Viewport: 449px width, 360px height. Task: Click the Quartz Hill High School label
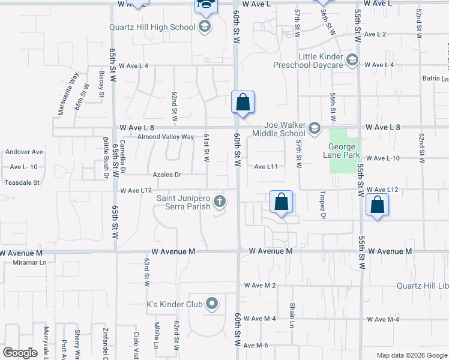tap(152, 27)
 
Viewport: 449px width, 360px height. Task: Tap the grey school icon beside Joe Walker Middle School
tap(314, 127)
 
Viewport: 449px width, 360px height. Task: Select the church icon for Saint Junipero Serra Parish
tap(220, 202)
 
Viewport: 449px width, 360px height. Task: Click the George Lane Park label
tap(343, 150)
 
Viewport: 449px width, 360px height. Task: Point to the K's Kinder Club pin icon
tap(211, 304)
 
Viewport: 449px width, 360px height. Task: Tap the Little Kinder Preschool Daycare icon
tap(352, 60)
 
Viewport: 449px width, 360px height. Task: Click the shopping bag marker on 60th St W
tap(243, 103)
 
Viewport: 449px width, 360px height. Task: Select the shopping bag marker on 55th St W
tap(377, 206)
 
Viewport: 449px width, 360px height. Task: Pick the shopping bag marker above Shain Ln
tap(281, 203)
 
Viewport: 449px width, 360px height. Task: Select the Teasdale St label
tap(22, 182)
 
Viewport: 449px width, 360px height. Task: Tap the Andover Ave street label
tap(24, 152)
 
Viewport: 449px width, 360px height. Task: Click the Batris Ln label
tap(436, 79)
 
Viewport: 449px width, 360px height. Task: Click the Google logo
tap(20, 352)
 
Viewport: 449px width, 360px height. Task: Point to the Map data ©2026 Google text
tap(411, 355)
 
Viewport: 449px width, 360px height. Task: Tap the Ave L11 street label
tap(265, 167)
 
